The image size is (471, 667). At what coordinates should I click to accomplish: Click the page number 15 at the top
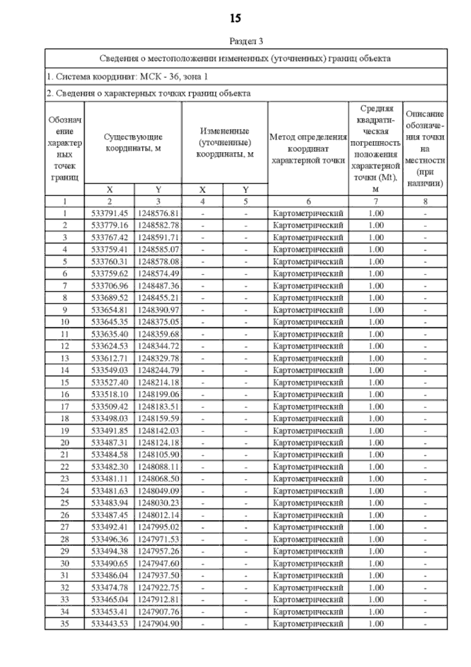(x=235, y=18)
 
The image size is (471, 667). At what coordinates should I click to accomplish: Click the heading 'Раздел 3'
(x=246, y=41)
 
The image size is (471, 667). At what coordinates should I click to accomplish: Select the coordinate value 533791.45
(x=110, y=213)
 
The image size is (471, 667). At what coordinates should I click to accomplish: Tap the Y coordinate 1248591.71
(x=158, y=237)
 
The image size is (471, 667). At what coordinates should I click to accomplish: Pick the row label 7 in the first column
(x=65, y=286)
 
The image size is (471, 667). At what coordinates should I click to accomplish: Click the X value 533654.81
(x=110, y=310)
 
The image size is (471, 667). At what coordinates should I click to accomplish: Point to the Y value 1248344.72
(x=158, y=346)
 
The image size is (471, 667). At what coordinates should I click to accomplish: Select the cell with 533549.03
(x=110, y=370)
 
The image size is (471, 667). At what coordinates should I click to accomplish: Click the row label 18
(x=65, y=418)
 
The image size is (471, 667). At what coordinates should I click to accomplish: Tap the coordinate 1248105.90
(x=158, y=454)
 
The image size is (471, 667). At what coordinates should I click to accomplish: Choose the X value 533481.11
(x=110, y=479)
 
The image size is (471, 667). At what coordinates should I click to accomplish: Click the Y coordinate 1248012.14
(x=158, y=515)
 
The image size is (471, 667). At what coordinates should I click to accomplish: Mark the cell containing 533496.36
(x=110, y=539)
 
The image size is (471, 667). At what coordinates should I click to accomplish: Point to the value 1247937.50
(x=158, y=575)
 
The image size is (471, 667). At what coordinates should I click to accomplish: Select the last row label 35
(x=65, y=623)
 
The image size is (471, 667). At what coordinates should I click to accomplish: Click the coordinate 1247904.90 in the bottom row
(x=158, y=623)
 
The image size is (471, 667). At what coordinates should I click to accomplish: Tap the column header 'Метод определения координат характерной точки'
(x=308, y=149)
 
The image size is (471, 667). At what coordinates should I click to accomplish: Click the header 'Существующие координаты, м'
(x=133, y=143)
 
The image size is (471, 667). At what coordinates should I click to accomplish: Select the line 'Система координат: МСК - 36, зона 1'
(x=128, y=77)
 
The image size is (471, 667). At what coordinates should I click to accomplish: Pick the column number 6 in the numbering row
(x=309, y=202)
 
